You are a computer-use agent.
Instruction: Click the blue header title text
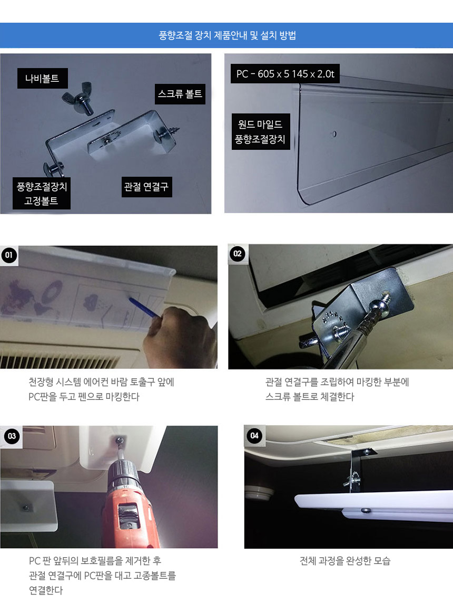click(227, 35)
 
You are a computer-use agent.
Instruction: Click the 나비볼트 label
click(42, 78)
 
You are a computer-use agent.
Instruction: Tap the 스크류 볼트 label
click(180, 94)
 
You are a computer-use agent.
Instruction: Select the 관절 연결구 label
click(146, 187)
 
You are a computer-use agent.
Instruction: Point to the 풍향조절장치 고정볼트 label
click(42, 194)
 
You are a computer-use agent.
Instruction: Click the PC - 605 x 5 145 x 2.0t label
click(285, 74)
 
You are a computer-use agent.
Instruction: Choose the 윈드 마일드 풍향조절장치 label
click(261, 132)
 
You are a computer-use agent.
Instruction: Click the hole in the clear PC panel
click(334, 134)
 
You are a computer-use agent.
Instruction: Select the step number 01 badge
click(9, 255)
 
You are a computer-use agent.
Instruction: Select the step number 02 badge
click(238, 254)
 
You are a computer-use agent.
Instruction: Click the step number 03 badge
click(12, 436)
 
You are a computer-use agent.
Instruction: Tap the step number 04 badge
click(254, 435)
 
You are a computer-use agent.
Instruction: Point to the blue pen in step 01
click(144, 308)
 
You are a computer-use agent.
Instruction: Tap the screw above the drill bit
click(120, 439)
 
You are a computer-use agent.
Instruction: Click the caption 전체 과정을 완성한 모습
click(345, 561)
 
